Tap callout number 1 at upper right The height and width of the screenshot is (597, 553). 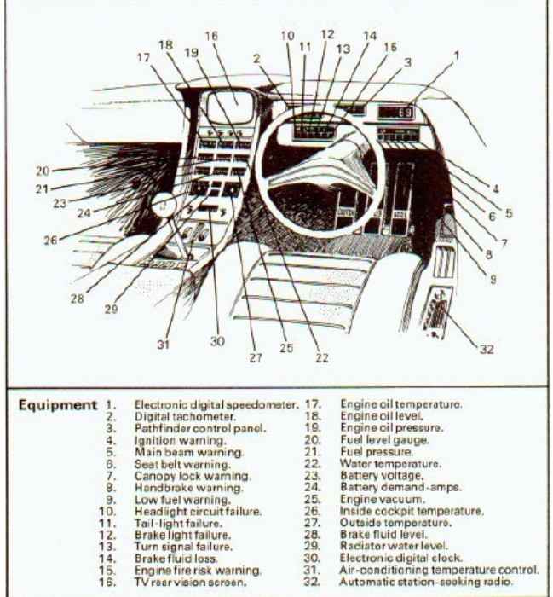pyautogui.click(x=457, y=55)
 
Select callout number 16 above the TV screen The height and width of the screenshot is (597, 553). pyautogui.click(x=211, y=37)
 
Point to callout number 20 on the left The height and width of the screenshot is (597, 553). pyautogui.click(x=43, y=170)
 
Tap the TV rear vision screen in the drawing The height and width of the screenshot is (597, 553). pyautogui.click(x=232, y=109)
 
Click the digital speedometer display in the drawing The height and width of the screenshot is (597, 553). pyautogui.click(x=396, y=112)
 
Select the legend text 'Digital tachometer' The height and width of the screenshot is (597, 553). pyautogui.click(x=174, y=416)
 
